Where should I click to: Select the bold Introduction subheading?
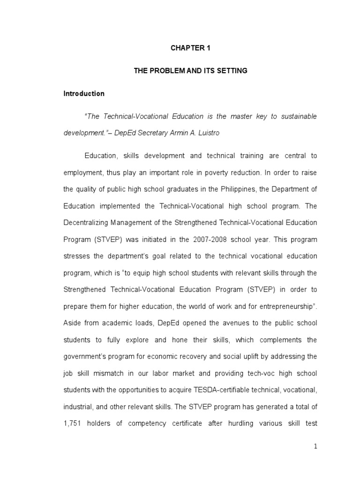84,93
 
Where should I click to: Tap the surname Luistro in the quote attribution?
193,133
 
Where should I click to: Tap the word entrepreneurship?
274,306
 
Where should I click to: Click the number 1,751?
73,423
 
